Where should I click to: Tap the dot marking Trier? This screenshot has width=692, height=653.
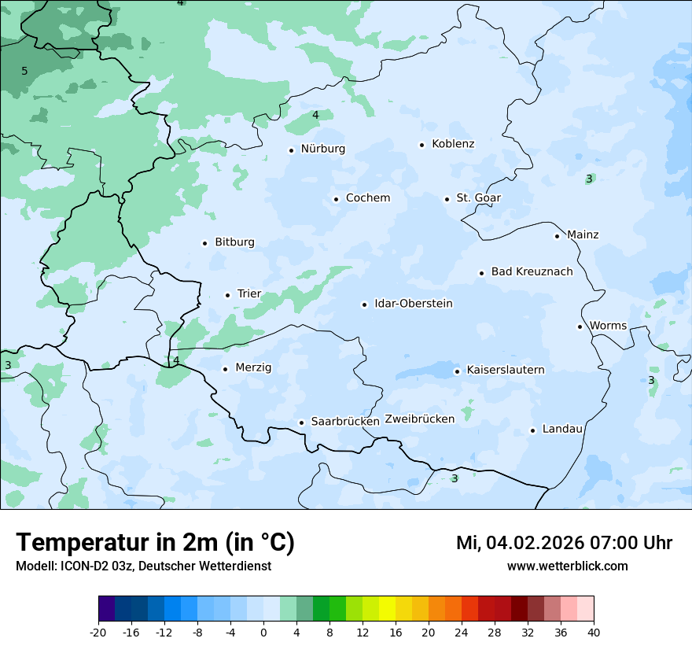coord(227,295)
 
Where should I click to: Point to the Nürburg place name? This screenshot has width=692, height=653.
coord(322,149)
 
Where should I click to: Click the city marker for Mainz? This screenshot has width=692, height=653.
coord(557,236)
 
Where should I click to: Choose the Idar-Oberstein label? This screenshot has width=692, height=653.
coord(414,304)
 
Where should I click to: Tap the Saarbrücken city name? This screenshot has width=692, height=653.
coord(345,422)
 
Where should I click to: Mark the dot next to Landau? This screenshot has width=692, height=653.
coord(532,430)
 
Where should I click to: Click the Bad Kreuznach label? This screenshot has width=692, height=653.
coord(532,271)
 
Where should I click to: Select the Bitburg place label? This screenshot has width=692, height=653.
coord(234,242)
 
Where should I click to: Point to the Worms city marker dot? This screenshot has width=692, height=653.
coord(580,326)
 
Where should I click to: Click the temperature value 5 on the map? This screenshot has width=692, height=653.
coord(24,72)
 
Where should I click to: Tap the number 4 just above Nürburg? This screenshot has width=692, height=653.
coord(315,115)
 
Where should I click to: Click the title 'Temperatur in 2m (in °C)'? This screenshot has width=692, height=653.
coord(155,543)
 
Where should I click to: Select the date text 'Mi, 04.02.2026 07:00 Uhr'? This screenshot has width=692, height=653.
coord(564,543)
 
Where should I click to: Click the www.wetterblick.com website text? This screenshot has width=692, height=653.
coord(567,566)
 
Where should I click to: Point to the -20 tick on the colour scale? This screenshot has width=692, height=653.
coord(98,632)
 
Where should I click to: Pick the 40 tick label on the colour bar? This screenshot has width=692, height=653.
coord(594,632)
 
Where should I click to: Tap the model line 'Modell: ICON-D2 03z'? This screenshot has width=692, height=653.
coord(143,566)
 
